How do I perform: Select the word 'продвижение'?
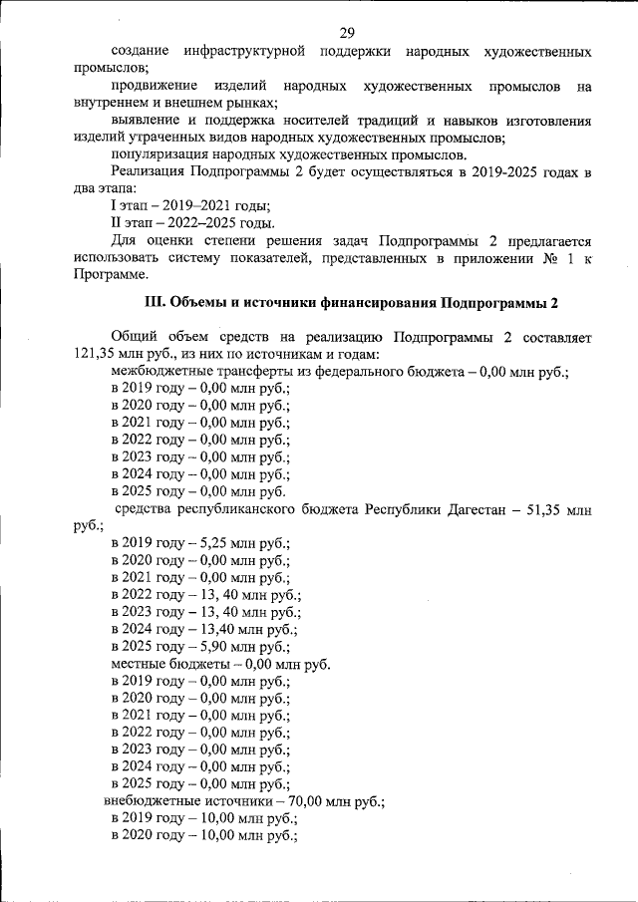[x=154, y=86]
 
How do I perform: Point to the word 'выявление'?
[x=147, y=121]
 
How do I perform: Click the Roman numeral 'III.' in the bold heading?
[x=159, y=302]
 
